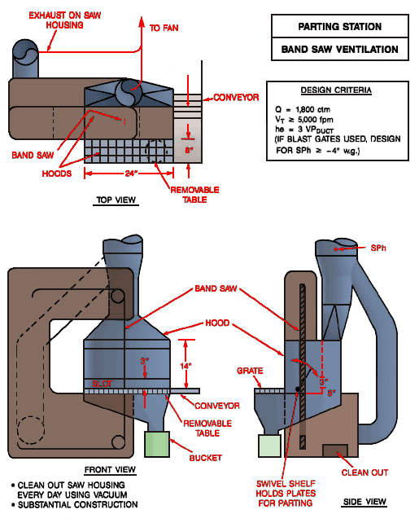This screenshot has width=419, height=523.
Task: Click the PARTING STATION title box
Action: point(339,27)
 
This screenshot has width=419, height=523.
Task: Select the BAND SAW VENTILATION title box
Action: point(339,49)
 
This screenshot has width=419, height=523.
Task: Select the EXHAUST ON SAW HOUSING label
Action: point(60,20)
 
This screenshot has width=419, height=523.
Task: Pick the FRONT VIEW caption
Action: point(108,470)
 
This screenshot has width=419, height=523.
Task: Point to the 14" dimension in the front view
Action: point(186,366)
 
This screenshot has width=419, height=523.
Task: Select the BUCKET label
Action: point(205,458)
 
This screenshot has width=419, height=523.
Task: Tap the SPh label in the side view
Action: point(379,247)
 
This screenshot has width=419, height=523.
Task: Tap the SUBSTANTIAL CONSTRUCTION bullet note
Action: point(72,505)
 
